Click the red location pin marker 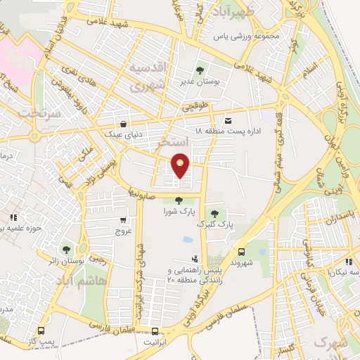(x=181, y=165)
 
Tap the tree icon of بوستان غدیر (x=200, y=70)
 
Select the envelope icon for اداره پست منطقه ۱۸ (x=228, y=120)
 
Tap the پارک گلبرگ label (x=214, y=224)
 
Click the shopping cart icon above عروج (x=124, y=220)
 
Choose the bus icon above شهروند (x=242, y=251)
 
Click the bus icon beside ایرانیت (x=155, y=331)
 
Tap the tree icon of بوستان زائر (x=66, y=250)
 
